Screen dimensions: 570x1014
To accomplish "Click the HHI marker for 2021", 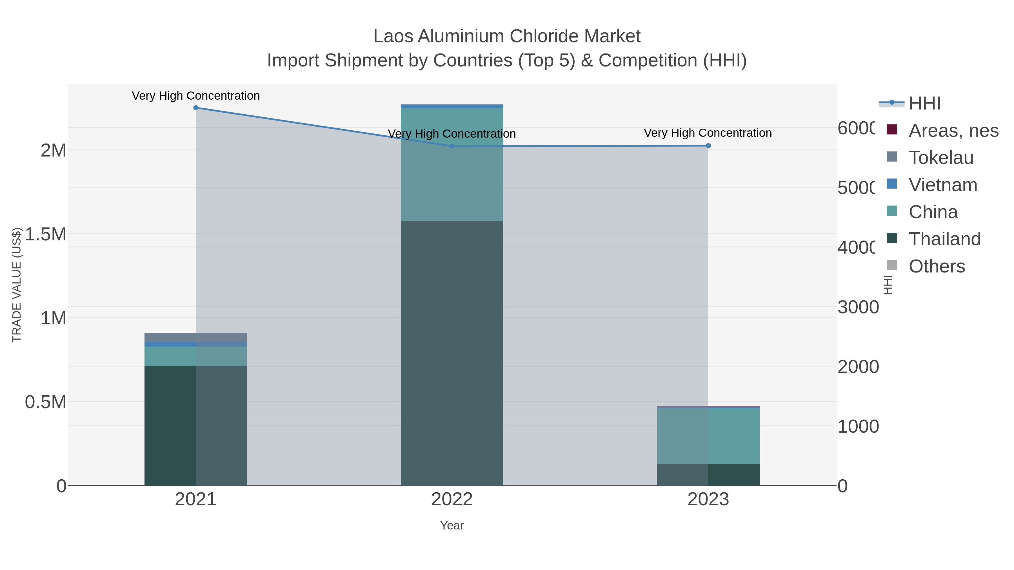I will coord(196,108).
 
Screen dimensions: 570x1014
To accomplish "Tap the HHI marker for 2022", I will coord(452,146).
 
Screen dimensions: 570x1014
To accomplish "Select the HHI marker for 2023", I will coord(708,146).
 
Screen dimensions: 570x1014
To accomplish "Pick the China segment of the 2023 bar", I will coord(708,436).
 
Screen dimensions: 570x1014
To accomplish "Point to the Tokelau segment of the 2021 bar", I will coord(196,337).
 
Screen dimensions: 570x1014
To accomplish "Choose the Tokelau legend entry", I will coord(941,158).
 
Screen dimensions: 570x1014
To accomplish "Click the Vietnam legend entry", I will coord(943,185).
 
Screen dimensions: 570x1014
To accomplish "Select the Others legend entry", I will coord(937,266).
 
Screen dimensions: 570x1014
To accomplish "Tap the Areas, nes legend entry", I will coord(953,131).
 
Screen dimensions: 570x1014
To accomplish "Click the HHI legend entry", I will coord(924,104).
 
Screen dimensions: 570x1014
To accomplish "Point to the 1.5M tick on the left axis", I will coord(46,234).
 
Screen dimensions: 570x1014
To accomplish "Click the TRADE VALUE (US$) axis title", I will coord(17,285).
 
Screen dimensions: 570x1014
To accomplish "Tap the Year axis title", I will coord(452,526).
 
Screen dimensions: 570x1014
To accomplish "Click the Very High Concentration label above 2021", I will coord(196,96).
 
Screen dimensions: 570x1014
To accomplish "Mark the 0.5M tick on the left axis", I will coord(46,402).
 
